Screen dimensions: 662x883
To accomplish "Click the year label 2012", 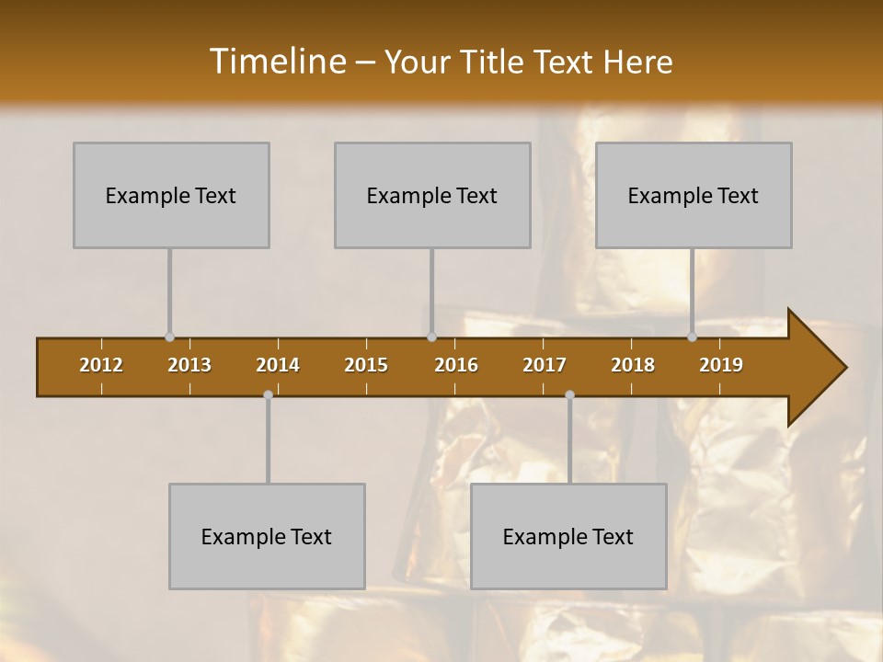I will click(101, 365).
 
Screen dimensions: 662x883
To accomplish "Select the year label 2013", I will click(189, 365).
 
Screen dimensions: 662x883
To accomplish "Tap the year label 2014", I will click(278, 365).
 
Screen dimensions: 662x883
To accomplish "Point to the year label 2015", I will click(366, 365).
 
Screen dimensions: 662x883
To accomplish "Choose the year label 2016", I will click(456, 365).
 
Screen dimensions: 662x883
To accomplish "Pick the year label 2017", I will click(545, 365).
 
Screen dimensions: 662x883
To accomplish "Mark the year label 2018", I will click(633, 365).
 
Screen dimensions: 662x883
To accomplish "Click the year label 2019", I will click(721, 365).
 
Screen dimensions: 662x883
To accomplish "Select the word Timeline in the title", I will click(276, 62).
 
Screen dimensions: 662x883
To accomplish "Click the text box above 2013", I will click(171, 195).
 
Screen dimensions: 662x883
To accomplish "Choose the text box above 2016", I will click(432, 195).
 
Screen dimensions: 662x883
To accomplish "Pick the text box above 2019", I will click(694, 195).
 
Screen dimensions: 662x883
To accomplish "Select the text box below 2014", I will click(267, 536).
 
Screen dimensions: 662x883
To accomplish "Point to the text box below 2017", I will click(568, 536).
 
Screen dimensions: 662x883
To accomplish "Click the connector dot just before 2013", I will click(169, 337).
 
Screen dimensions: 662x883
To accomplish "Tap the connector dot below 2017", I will click(569, 394).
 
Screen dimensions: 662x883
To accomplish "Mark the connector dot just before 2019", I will click(693, 337).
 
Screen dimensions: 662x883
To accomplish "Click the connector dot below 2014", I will click(268, 394).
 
